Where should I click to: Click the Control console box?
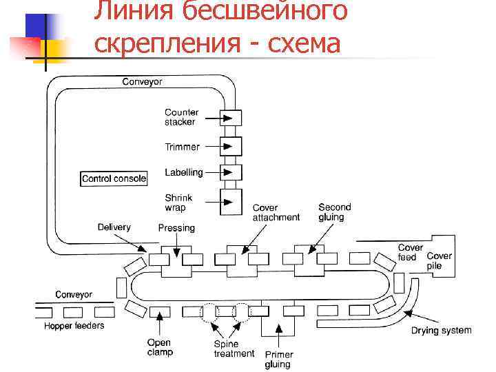click(114, 178)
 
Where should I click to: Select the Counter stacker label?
click(181, 117)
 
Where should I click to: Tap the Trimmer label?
click(182, 147)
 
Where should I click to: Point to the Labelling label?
click(183, 172)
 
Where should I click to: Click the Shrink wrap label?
click(178, 203)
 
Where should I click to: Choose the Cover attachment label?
click(276, 212)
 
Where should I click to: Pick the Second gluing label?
click(334, 211)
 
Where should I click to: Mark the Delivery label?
click(114, 227)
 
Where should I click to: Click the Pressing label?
click(176, 228)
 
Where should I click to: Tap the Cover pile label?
click(439, 260)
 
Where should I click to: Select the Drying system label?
click(442, 331)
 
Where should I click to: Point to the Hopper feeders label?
click(74, 325)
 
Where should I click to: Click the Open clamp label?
click(160, 347)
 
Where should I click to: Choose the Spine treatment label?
click(234, 349)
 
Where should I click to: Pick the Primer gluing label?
click(278, 359)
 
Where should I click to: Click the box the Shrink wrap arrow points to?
click(231, 202)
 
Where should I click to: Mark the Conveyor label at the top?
click(143, 82)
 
